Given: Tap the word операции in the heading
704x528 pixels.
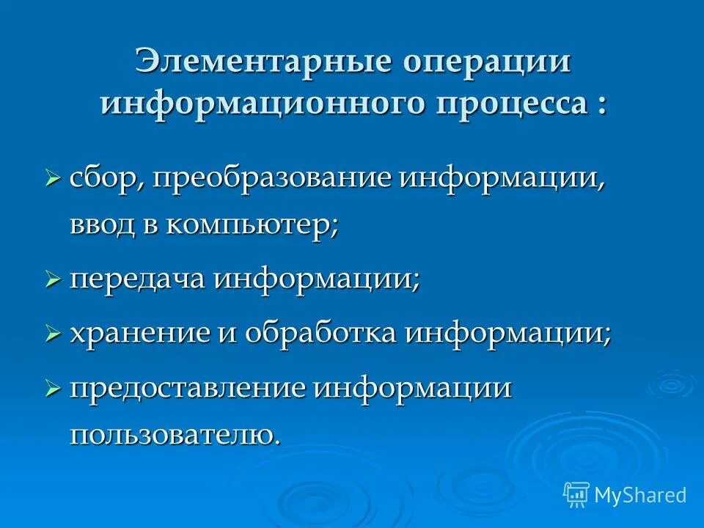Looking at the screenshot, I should click(485, 62).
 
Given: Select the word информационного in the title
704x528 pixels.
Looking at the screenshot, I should click(263, 103).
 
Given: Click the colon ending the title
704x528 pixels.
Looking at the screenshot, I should click(601, 104).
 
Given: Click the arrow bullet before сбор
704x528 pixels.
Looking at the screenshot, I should click(52, 177).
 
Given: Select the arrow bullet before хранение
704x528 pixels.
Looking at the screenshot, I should click(52, 334).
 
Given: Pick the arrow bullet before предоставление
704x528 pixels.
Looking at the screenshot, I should click(52, 389).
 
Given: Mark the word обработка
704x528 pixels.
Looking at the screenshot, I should click(323, 334).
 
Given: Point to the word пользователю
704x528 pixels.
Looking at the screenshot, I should click(174, 435).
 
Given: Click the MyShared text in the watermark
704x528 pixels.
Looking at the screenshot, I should click(640, 495).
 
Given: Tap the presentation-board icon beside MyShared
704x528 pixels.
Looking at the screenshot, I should click(576, 494).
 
